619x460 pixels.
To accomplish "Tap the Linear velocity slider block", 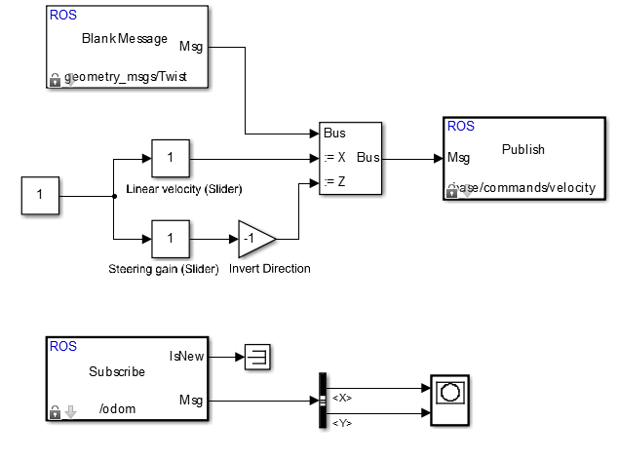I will pyautogui.click(x=171, y=157).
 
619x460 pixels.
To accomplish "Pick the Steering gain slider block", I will pyautogui.click(x=171, y=238).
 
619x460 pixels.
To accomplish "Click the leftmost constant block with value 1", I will pyautogui.click(x=40, y=196).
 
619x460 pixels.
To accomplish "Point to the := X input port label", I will pyautogui.click(x=334, y=157).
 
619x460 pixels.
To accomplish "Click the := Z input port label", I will pyautogui.click(x=334, y=181).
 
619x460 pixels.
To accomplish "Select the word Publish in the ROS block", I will pyautogui.click(x=523, y=149).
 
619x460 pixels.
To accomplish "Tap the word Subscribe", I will pyautogui.click(x=117, y=371).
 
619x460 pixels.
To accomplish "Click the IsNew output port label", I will pyautogui.click(x=187, y=356).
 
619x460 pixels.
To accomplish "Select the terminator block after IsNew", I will pyautogui.click(x=257, y=357).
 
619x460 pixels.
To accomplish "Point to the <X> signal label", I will pyautogui.click(x=343, y=398).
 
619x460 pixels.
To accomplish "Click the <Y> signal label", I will pyautogui.click(x=343, y=422).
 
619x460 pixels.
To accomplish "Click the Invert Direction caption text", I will pyautogui.click(x=269, y=268).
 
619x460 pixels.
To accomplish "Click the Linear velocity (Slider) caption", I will pyautogui.click(x=183, y=187).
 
